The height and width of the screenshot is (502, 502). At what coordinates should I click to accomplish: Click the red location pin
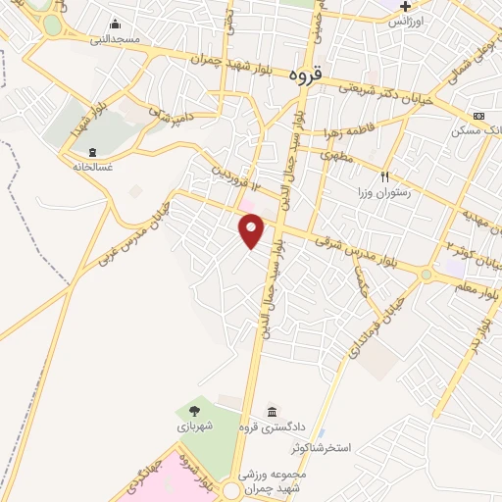coord(252,230)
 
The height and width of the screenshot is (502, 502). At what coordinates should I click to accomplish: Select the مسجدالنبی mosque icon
coord(116,25)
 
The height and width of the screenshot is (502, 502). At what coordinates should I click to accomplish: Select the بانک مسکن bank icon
coord(478,116)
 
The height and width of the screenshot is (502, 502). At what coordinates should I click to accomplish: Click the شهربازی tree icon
coord(193,411)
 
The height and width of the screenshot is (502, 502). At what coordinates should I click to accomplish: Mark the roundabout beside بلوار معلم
coord(426,276)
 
